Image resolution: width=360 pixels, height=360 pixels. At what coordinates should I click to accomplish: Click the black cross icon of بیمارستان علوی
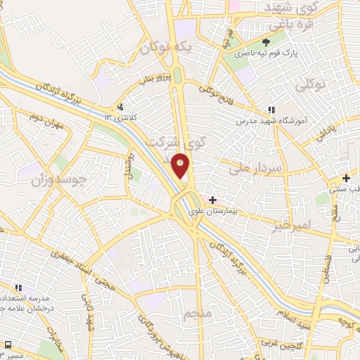click(212, 200)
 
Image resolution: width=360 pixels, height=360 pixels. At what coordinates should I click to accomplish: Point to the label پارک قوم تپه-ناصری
click(266, 53)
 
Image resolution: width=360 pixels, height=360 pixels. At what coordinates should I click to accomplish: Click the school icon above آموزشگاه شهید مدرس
click(271, 110)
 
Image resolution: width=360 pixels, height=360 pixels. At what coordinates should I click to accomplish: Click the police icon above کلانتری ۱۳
click(121, 107)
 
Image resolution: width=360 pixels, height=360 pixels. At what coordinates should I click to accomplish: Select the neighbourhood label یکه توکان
click(165, 47)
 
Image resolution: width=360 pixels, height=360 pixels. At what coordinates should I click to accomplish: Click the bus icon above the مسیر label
click(8, 345)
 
